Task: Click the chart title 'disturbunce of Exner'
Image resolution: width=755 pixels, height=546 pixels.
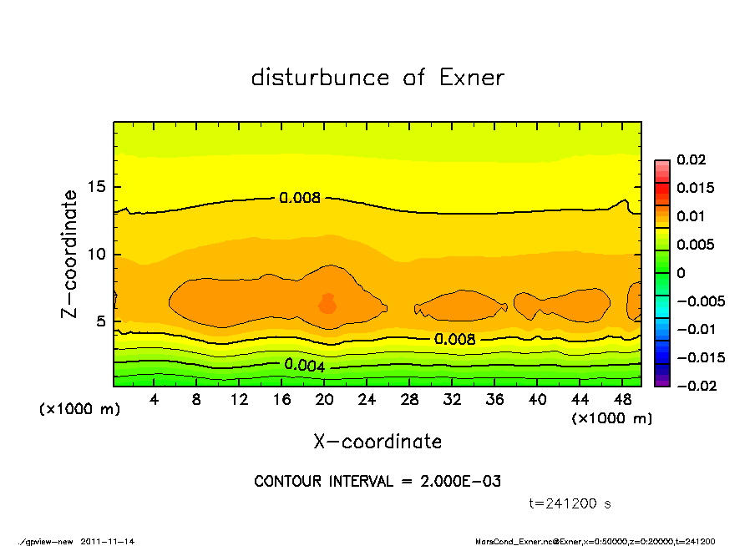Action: click(x=377, y=78)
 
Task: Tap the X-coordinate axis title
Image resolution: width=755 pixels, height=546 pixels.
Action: click(x=377, y=441)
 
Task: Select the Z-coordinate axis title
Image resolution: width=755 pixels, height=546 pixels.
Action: click(x=70, y=254)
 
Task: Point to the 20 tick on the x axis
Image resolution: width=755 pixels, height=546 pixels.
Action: click(x=325, y=401)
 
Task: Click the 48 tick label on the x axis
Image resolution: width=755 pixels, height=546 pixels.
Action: click(x=622, y=401)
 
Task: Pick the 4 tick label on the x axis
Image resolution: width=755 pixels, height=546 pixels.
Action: click(x=155, y=401)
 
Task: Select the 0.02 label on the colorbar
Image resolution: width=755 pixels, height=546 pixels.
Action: click(x=691, y=159)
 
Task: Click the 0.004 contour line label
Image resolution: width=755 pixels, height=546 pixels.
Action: click(x=305, y=365)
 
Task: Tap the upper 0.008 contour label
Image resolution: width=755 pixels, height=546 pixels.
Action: click(x=300, y=198)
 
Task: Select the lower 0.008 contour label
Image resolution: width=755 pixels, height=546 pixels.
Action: click(x=455, y=339)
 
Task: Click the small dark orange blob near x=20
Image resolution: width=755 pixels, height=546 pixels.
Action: click(x=328, y=304)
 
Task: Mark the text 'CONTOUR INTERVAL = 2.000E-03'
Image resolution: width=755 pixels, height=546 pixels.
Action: click(x=377, y=482)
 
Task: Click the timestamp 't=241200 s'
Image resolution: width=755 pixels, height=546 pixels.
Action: click(x=570, y=503)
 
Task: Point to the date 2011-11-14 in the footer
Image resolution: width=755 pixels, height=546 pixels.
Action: click(x=108, y=541)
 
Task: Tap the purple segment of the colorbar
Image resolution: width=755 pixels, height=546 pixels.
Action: click(x=661, y=381)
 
